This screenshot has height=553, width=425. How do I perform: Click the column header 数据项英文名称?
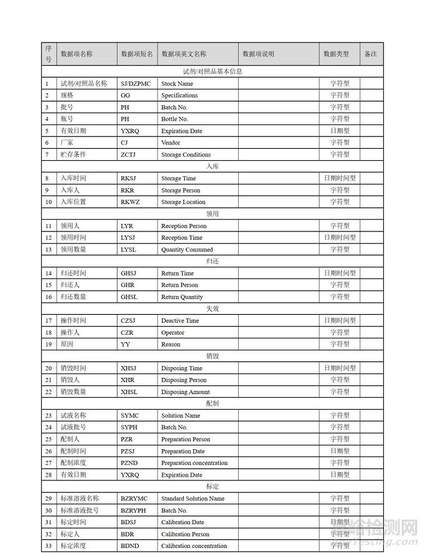coord(184,54)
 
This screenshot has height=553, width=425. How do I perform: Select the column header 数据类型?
coord(336,54)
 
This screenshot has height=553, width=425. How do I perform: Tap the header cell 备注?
coord(371,54)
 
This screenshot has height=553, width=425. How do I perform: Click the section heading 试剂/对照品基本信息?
coord(212,71)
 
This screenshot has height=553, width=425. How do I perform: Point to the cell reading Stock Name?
coord(177,84)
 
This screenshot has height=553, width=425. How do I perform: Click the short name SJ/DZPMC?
coord(136,84)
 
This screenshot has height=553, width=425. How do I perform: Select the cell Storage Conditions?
coord(186,155)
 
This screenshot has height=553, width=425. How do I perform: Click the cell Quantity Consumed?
coord(187,250)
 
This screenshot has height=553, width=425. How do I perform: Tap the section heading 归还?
coord(212,261)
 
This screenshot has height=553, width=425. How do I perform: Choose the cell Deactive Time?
coord(180,321)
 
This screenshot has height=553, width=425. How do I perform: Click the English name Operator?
coord(172,333)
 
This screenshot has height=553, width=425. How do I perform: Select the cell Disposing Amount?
coord(186,392)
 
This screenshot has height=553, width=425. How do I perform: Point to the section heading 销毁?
coord(212,357)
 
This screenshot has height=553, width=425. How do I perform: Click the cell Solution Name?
coord(181,416)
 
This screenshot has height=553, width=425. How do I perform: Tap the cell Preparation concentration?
coord(194,464)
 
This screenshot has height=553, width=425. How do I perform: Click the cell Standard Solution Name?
coord(192,499)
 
